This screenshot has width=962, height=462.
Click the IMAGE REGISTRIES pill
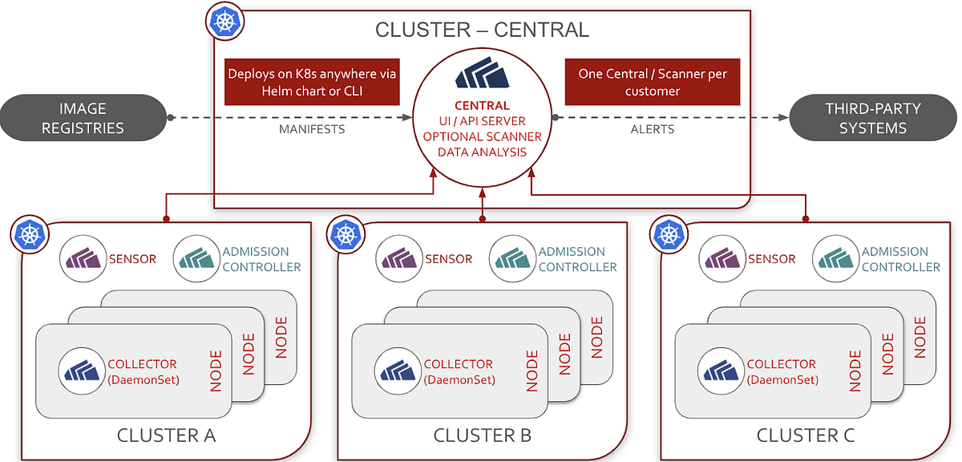(83, 118)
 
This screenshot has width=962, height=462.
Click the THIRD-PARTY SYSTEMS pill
(874, 118)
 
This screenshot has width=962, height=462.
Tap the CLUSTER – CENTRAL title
(482, 30)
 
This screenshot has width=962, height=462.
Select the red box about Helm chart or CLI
(313, 82)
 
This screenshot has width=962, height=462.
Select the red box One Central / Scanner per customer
(652, 82)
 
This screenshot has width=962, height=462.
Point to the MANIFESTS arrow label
(312, 128)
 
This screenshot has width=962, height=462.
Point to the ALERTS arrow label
(652, 128)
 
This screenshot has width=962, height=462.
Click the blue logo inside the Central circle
(482, 78)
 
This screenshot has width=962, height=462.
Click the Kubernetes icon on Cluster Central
(225, 23)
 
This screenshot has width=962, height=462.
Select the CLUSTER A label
(166, 436)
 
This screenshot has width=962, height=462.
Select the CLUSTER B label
(482, 436)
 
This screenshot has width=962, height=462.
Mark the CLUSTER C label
(805, 436)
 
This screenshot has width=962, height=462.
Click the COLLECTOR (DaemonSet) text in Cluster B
(459, 371)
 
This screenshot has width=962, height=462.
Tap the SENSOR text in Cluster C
(771, 259)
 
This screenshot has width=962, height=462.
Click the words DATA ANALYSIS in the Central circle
(482, 152)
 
